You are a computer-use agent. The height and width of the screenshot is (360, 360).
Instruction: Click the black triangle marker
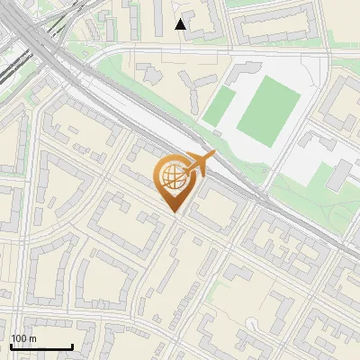point(181,24)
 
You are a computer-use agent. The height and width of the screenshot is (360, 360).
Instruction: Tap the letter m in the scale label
point(33,338)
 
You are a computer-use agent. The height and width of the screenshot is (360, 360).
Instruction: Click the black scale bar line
point(41,346)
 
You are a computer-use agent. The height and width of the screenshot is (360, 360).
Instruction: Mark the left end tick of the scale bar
point(11,346)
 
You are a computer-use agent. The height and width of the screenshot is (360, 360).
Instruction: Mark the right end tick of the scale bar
point(72,346)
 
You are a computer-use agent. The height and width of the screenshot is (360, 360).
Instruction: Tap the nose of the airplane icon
point(214,157)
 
